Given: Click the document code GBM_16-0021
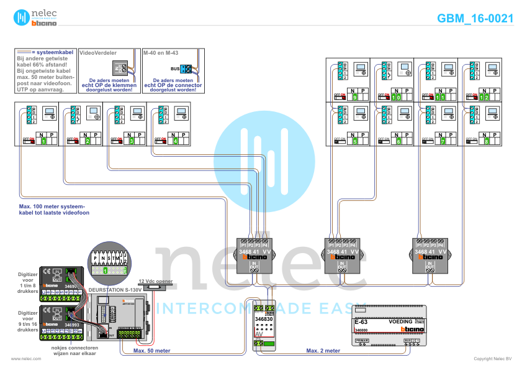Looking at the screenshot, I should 475,18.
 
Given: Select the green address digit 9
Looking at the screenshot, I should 354,98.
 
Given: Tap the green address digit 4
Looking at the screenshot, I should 176,141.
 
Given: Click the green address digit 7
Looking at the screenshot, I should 443,141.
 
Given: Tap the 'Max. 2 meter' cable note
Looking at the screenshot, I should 323,351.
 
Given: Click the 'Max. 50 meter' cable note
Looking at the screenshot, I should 152,351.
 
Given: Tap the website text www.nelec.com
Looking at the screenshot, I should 26,359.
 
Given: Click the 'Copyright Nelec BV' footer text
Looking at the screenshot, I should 493,359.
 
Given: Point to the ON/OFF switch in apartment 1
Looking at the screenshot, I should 29,141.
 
